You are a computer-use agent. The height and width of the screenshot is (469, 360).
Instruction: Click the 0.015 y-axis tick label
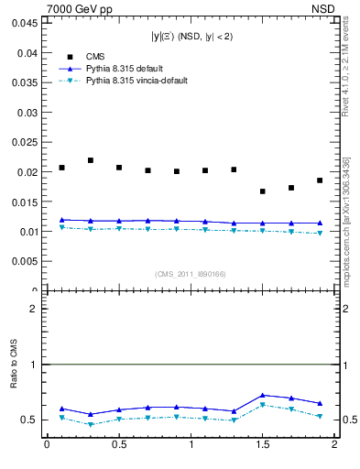(x=25, y=202)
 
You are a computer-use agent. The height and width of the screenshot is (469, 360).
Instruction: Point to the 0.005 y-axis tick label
(x=25, y=262)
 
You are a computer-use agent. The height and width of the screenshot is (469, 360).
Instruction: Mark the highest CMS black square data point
(x=90, y=160)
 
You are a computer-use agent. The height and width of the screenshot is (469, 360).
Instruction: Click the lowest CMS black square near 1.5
(x=263, y=191)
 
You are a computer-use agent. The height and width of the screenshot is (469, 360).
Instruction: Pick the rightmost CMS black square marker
(x=320, y=180)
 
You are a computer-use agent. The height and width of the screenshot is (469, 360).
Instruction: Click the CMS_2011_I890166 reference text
(x=191, y=275)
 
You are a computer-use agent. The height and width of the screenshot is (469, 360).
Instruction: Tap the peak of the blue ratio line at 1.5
(x=263, y=395)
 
